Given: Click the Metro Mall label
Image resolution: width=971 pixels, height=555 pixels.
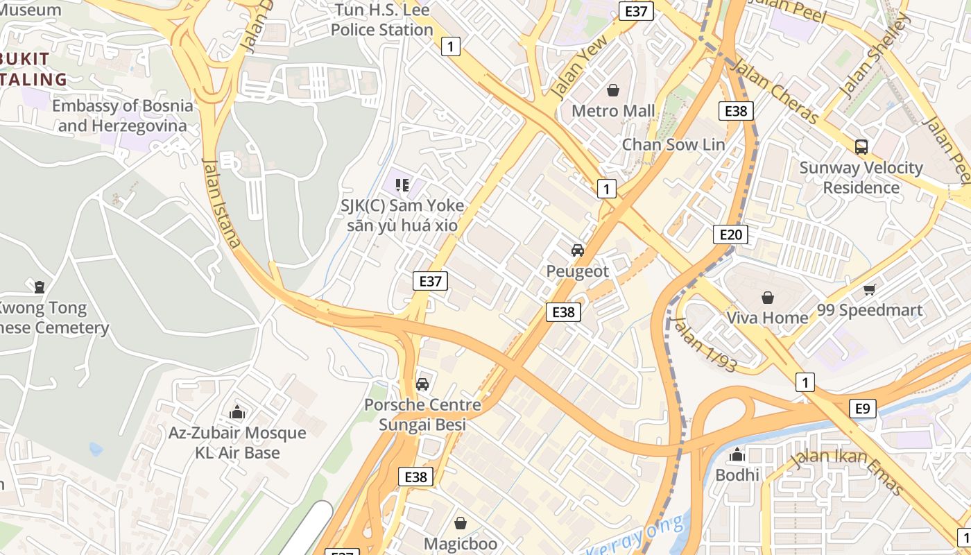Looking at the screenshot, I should [612, 111].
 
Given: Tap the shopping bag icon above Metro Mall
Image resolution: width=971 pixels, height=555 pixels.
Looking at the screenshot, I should [613, 90].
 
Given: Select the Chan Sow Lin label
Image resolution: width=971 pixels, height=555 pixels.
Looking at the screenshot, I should [673, 145].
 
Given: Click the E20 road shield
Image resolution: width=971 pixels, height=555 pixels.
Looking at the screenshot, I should [731, 234].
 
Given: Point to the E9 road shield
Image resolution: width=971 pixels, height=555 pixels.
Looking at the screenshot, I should [862, 409].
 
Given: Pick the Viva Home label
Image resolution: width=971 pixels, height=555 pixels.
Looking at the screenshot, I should [767, 318].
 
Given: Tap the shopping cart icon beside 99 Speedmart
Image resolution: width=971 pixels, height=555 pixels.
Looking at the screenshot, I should [870, 290].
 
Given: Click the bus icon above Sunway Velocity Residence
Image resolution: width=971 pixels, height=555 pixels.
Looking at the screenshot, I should [861, 147].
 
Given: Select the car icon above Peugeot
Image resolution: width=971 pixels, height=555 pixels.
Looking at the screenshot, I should [577, 250].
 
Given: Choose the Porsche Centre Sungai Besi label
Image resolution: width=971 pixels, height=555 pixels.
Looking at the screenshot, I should [422, 415].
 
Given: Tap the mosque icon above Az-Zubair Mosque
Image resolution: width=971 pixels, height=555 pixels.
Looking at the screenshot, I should [237, 413].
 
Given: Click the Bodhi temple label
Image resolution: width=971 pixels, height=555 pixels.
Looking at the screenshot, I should [737, 475].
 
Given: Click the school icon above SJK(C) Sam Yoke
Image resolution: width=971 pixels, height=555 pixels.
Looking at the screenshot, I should [402, 185].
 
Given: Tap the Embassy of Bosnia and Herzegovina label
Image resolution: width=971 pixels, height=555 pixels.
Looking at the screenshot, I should [123, 116].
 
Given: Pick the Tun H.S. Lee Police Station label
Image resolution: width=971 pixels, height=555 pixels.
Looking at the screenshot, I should [381, 20].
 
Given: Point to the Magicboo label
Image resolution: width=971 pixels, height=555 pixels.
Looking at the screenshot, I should [461, 543].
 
